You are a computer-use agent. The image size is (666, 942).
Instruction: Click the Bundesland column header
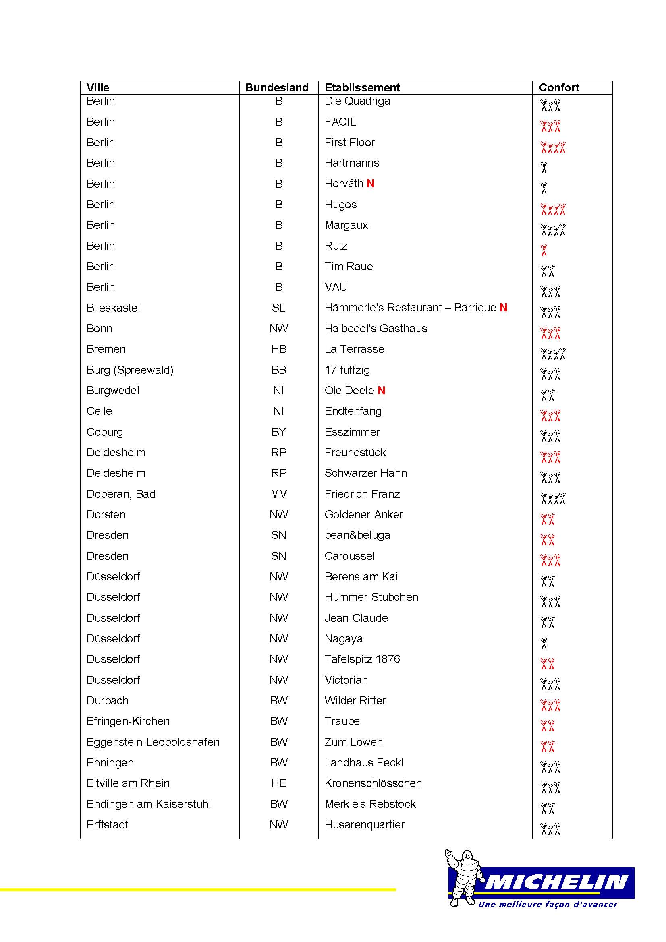(x=276, y=87)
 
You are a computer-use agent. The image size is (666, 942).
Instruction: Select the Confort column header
(x=558, y=87)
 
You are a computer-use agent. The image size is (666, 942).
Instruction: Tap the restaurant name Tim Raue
(x=349, y=267)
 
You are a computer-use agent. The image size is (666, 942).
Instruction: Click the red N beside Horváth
(x=370, y=184)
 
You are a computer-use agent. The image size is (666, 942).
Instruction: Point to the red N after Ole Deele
(x=381, y=391)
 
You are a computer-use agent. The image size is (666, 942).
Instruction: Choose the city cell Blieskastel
(x=113, y=308)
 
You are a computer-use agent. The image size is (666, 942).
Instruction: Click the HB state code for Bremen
(x=279, y=349)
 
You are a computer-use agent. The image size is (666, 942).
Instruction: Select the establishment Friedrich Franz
(x=362, y=494)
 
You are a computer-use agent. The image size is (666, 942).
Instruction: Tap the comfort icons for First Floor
(x=553, y=147)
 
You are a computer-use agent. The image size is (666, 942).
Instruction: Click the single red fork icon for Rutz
(x=544, y=250)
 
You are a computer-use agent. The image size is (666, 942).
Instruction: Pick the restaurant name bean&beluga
(x=357, y=535)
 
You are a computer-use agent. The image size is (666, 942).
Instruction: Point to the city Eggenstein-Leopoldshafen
(x=153, y=742)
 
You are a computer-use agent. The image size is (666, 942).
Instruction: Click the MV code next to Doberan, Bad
(x=279, y=494)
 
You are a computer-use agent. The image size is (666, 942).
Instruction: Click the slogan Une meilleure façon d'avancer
(x=548, y=904)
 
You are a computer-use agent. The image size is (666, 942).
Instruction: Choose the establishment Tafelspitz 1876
(x=362, y=659)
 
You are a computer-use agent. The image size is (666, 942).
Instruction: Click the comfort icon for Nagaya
(x=544, y=643)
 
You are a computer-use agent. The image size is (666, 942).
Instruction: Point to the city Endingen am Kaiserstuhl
(x=149, y=804)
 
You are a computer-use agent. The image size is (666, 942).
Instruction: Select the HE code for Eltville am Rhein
(x=279, y=783)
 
